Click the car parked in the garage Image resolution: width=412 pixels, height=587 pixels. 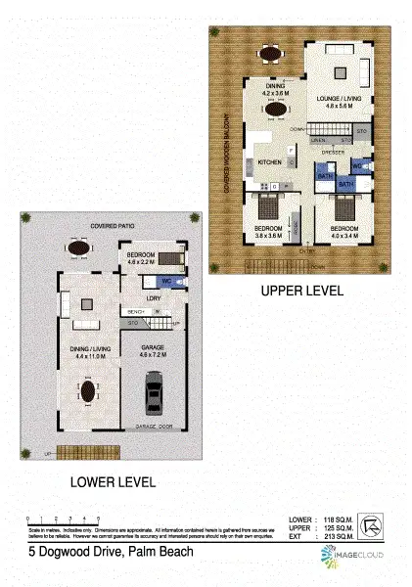152,394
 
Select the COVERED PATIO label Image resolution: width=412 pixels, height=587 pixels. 110,224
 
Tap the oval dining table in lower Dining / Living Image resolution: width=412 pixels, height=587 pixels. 87,392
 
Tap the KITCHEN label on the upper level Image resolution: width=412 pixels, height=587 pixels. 270,161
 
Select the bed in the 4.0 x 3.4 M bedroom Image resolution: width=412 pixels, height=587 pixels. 343,207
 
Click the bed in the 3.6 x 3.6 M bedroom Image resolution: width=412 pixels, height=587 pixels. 267,208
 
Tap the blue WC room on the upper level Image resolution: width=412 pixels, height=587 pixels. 361,167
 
